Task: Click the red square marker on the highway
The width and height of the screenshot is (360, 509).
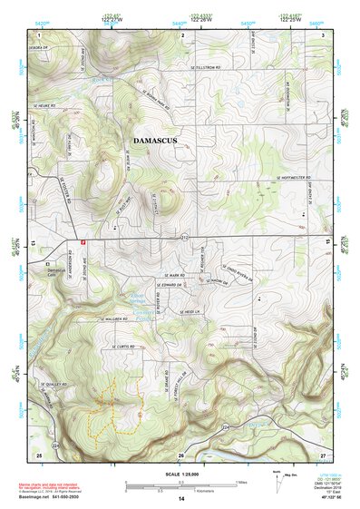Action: coord(83,242)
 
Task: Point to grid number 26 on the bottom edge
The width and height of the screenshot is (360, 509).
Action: coord(180,455)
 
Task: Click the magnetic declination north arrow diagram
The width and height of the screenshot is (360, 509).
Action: coord(278,476)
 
